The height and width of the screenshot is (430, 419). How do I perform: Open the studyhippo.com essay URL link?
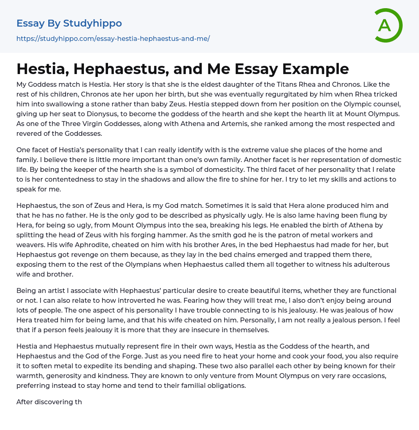[113, 38]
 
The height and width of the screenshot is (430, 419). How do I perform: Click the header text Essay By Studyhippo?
[69, 23]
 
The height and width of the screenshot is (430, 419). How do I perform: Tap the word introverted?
[134, 301]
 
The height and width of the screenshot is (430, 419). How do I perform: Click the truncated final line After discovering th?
[49, 402]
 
